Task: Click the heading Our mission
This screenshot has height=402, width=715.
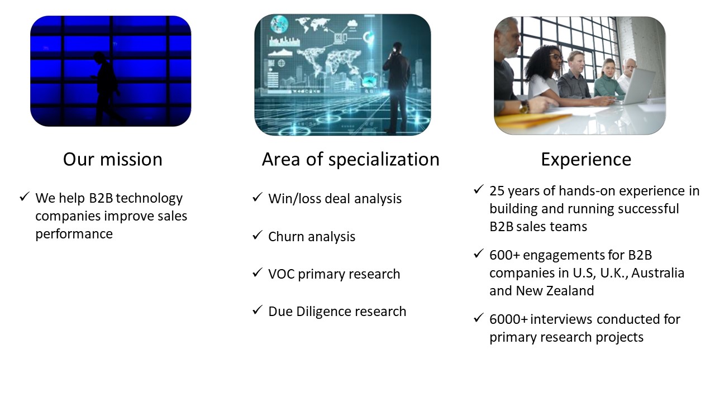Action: (113, 159)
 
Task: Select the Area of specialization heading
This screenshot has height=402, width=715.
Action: (350, 160)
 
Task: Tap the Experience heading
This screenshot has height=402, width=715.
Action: (586, 160)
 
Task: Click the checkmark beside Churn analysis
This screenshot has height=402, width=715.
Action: (258, 236)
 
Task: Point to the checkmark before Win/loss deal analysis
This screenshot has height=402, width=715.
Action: (258, 197)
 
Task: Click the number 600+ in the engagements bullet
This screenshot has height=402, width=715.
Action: (505, 255)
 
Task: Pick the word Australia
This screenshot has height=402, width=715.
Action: (658, 273)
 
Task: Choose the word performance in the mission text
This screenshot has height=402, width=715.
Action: (74, 234)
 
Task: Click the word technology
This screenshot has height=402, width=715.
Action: (149, 198)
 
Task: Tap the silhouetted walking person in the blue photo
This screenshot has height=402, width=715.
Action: (107, 88)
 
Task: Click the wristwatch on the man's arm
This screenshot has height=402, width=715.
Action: (524, 107)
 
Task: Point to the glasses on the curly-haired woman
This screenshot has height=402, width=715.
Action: (556, 58)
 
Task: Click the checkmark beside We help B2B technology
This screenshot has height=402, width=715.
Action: (25, 197)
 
